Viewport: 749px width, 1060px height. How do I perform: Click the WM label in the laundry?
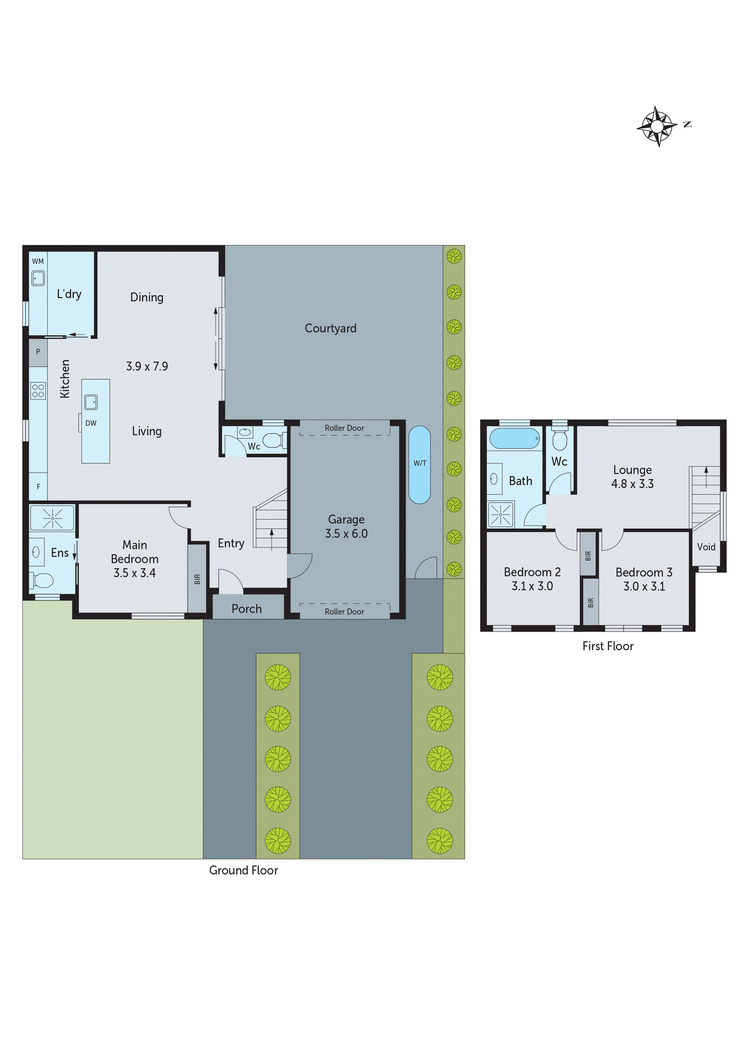(38, 261)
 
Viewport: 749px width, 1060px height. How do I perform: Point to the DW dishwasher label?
(91, 423)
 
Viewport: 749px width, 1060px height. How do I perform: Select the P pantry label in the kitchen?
(38, 352)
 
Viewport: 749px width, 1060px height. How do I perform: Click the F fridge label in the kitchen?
(38, 486)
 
